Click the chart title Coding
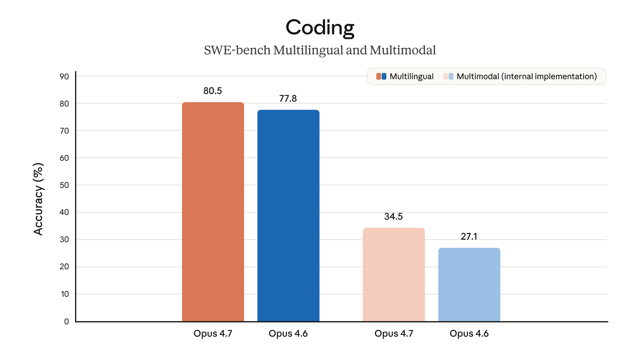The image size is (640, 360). coord(320,27)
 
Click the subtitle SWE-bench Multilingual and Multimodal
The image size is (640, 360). coord(320,50)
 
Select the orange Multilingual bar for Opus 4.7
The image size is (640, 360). coord(213,212)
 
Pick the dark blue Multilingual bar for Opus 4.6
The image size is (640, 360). coord(288,216)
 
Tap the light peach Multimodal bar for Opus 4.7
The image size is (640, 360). coord(394,275)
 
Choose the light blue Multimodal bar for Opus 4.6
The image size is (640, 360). coord(469,285)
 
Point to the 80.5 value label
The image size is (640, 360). coord(213,91)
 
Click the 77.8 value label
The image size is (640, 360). coord(288,98)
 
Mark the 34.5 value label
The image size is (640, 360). coord(393,216)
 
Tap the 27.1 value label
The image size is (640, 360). coord(469,236)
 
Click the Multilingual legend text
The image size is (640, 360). coord(411,76)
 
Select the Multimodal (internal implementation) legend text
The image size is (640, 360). coord(527,76)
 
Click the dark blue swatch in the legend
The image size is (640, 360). coord(384,76)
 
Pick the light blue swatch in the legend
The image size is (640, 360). coord(451,76)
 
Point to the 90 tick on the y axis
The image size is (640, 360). coord(64,76)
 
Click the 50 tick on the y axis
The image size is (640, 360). coord(64,185)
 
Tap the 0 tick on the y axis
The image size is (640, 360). coord(67,321)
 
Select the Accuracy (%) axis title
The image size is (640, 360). coord(39,199)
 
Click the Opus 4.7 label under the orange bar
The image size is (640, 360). coord(213,333)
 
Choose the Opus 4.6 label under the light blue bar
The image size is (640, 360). coord(469,333)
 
